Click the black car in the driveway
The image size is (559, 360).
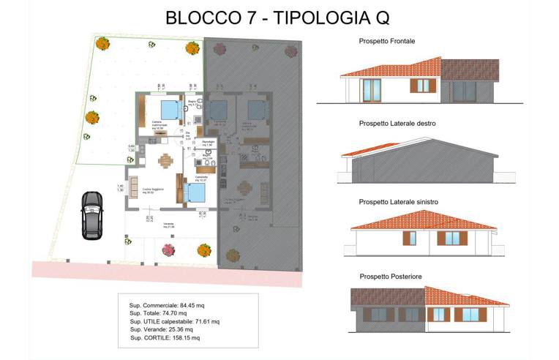point(91,215)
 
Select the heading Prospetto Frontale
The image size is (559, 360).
point(387,41)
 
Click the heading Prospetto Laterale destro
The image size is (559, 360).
point(397,124)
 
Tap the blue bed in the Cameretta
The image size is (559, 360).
point(195,192)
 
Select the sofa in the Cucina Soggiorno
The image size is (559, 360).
point(133,187)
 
